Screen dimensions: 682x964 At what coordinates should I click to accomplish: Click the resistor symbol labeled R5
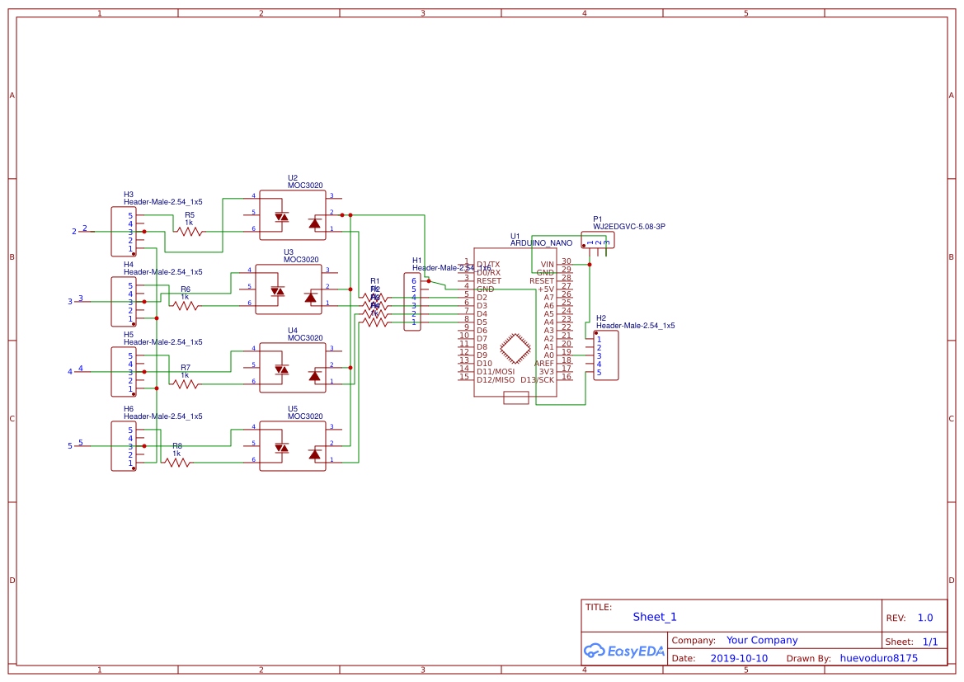190,232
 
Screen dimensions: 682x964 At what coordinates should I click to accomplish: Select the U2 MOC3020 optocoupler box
292,215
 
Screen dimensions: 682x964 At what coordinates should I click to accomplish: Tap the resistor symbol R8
178,463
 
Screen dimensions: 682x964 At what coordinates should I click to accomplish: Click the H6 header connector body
124,446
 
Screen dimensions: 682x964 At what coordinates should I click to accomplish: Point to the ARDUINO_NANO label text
541,243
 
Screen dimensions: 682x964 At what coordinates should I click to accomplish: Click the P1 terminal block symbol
598,241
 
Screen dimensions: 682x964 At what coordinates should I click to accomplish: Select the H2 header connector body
606,355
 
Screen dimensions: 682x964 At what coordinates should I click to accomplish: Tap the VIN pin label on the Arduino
548,264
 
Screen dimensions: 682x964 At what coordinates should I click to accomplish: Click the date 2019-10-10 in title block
739,658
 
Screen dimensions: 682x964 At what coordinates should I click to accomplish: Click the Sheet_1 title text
655,617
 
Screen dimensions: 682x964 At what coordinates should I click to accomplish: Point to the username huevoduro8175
878,658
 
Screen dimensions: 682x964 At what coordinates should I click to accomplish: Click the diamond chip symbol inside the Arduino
516,348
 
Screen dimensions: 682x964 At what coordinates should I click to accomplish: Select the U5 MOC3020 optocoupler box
292,446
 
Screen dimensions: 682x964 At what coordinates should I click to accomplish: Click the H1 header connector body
412,302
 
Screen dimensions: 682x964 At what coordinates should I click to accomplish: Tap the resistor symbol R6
186,306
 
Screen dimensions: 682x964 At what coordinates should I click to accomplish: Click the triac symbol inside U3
311,297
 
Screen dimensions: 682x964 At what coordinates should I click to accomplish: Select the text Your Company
762,640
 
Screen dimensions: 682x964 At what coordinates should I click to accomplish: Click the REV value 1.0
925,618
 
